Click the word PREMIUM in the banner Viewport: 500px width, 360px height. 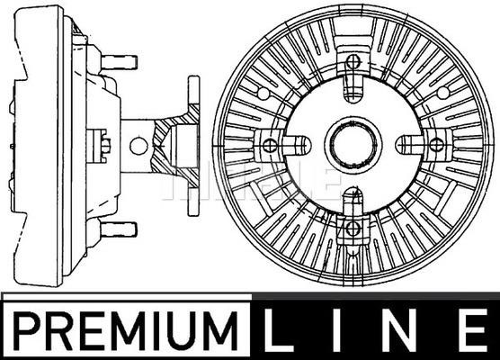tap(126, 331)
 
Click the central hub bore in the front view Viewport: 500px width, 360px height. tap(353, 145)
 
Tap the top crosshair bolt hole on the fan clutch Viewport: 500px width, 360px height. tap(353, 61)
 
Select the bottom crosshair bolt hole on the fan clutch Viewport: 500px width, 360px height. tap(353, 228)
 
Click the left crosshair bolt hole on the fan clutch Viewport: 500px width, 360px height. tap(270, 146)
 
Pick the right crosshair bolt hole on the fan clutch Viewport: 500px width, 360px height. tap(436, 145)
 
